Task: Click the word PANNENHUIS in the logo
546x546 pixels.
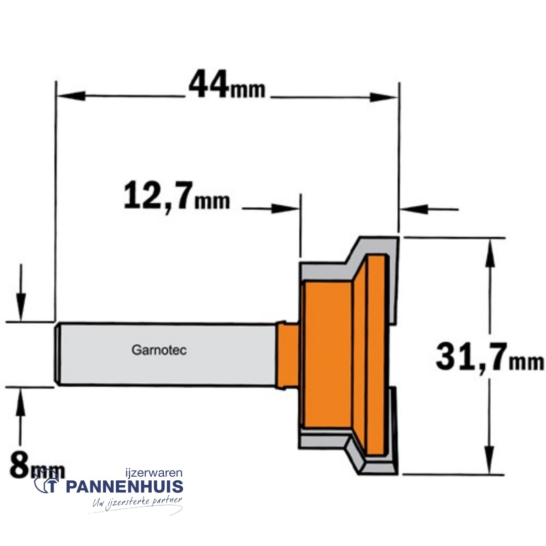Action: (124, 487)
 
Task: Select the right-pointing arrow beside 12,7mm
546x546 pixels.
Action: (283, 208)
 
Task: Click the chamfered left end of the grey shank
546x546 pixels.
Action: (59, 354)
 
